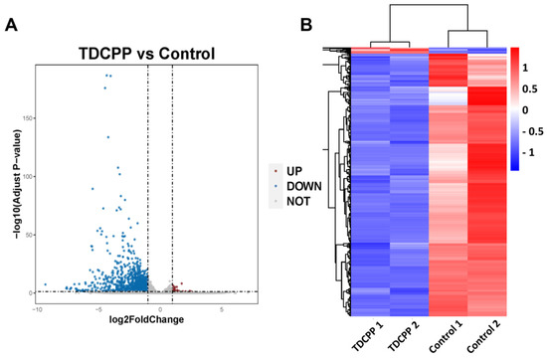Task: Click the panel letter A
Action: coord(11,25)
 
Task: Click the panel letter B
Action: coord(306,25)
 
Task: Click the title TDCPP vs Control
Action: coord(146,54)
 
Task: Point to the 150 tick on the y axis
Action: coord(29,118)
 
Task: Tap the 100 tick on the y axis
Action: coord(29,177)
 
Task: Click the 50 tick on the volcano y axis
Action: coord(30,235)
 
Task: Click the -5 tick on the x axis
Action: coord(98,309)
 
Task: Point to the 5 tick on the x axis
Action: coord(222,309)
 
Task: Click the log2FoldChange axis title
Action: coord(146,319)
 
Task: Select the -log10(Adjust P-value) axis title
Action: coord(18,184)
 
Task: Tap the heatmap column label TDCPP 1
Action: coord(368,336)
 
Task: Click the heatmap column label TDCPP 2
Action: coord(405,336)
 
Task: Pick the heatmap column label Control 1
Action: coord(447,336)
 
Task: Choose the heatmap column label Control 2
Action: coord(484,336)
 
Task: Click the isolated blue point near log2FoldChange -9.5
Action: coord(46,284)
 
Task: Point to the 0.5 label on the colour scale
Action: coord(529,90)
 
